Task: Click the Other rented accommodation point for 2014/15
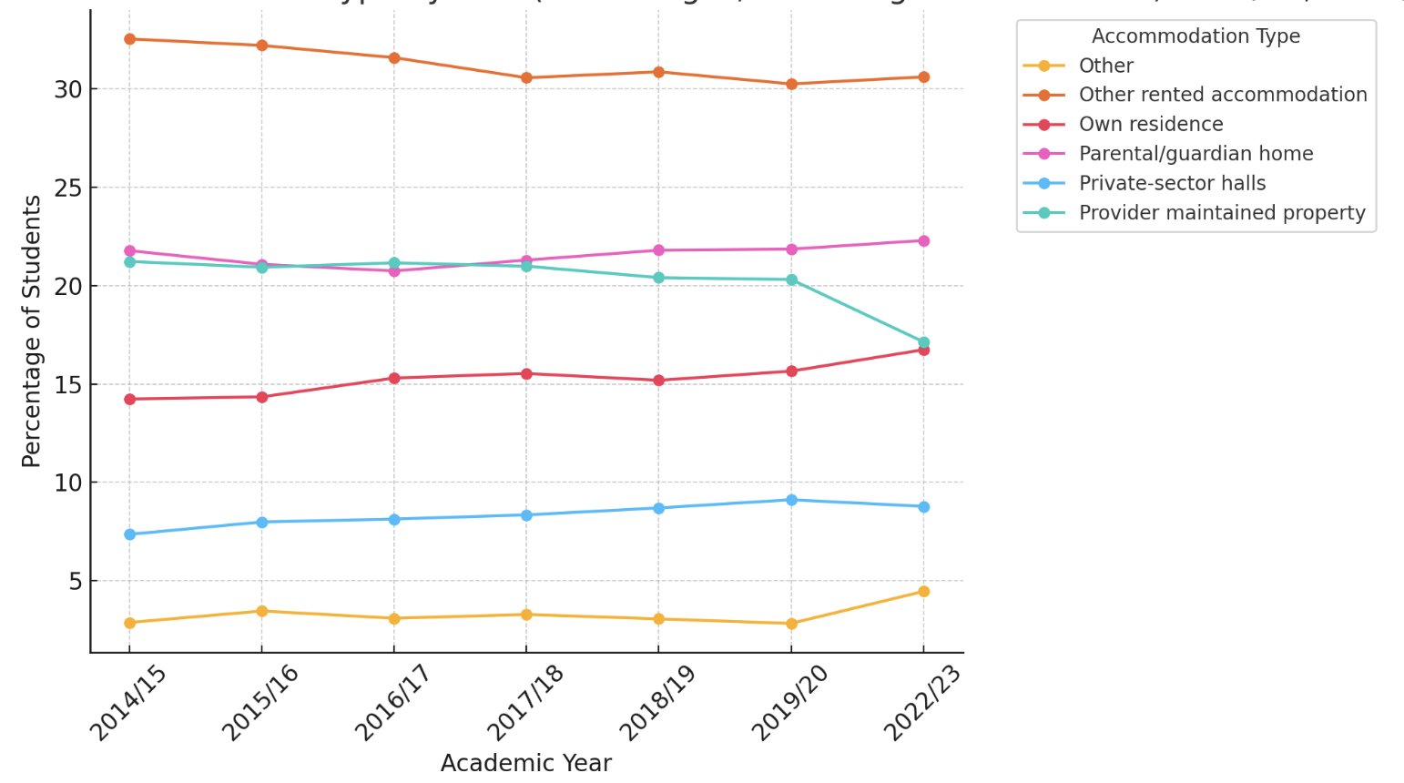click(x=129, y=39)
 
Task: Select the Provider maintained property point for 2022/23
click(x=923, y=343)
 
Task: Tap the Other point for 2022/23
click(x=923, y=592)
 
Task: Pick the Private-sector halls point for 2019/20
click(x=791, y=500)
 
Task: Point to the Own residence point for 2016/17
click(x=394, y=378)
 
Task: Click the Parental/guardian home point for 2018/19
click(x=658, y=250)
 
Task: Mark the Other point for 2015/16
click(x=261, y=611)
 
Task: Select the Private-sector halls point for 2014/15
click(x=129, y=534)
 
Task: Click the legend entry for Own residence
click(x=1150, y=125)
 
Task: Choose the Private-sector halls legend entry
click(x=1171, y=183)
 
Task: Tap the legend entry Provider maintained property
click(x=1221, y=213)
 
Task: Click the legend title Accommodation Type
click(x=1195, y=36)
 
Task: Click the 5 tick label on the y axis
click(x=76, y=581)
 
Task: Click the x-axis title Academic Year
click(x=525, y=763)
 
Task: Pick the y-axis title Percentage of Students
click(x=32, y=331)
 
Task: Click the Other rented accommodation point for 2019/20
click(x=791, y=84)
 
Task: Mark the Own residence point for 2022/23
click(x=923, y=350)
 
